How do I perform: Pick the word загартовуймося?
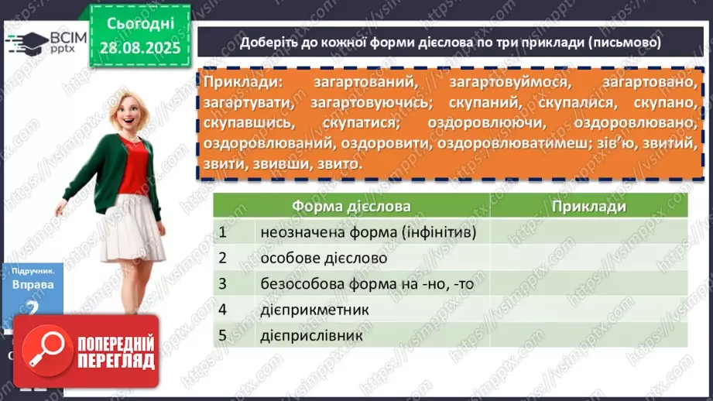click(x=485, y=81)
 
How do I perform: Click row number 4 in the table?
click(x=222, y=310)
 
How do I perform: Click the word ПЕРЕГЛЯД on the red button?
click(x=114, y=361)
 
